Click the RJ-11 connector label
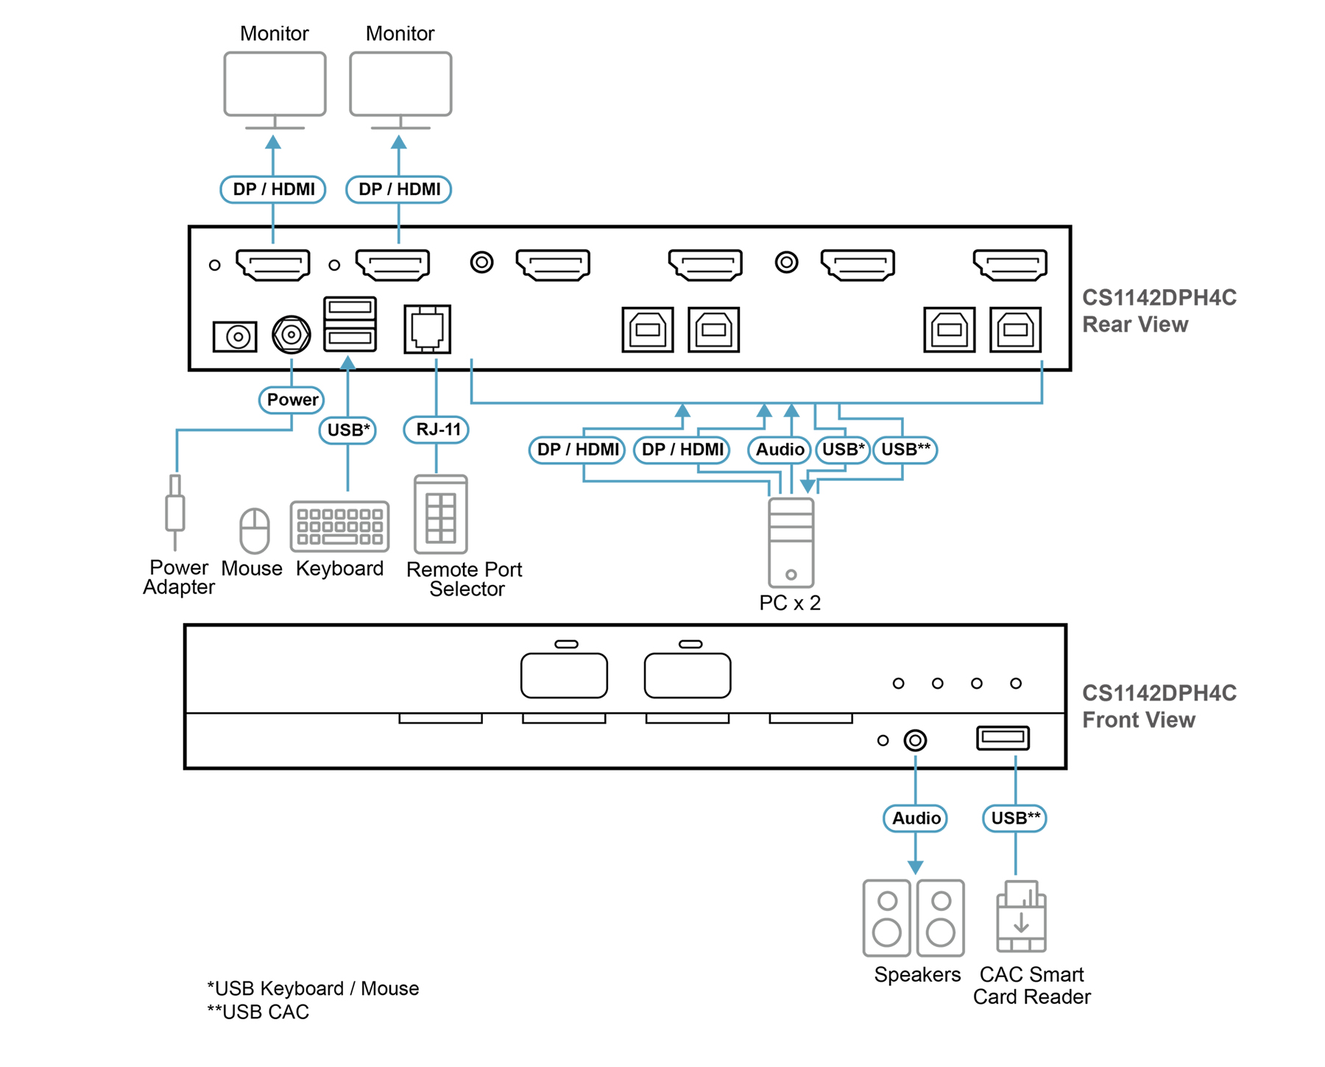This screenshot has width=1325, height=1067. [437, 429]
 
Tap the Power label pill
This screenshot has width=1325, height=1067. [291, 400]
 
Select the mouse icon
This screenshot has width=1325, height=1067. [255, 530]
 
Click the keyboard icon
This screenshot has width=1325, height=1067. [339, 526]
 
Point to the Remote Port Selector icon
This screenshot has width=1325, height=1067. [441, 514]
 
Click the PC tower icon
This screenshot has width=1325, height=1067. [791, 542]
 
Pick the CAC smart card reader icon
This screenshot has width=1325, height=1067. [1021, 916]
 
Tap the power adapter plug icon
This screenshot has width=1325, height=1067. [175, 511]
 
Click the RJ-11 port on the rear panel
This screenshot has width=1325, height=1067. [427, 329]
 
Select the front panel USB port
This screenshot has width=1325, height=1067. [1003, 738]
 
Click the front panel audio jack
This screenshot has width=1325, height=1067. [915, 740]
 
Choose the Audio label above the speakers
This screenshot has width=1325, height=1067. [915, 818]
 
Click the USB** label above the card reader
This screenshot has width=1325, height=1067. [1015, 818]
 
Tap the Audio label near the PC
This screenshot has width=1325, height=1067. [780, 450]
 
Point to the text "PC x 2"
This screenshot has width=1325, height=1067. [790, 603]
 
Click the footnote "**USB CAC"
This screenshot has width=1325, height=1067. [258, 1013]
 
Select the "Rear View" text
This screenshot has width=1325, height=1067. [1135, 325]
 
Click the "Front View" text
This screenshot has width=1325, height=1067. [1139, 720]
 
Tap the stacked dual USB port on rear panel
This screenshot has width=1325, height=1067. [350, 324]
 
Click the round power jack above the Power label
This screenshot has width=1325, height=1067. [291, 335]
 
